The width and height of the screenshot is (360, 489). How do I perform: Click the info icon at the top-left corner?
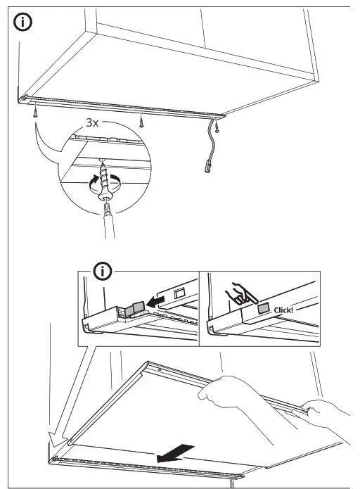[x=24, y=22]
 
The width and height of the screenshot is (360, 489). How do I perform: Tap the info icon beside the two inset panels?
[x=104, y=271]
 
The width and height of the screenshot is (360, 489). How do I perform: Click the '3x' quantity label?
[x=93, y=122]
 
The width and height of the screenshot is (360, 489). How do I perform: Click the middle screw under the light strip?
[x=141, y=119]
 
